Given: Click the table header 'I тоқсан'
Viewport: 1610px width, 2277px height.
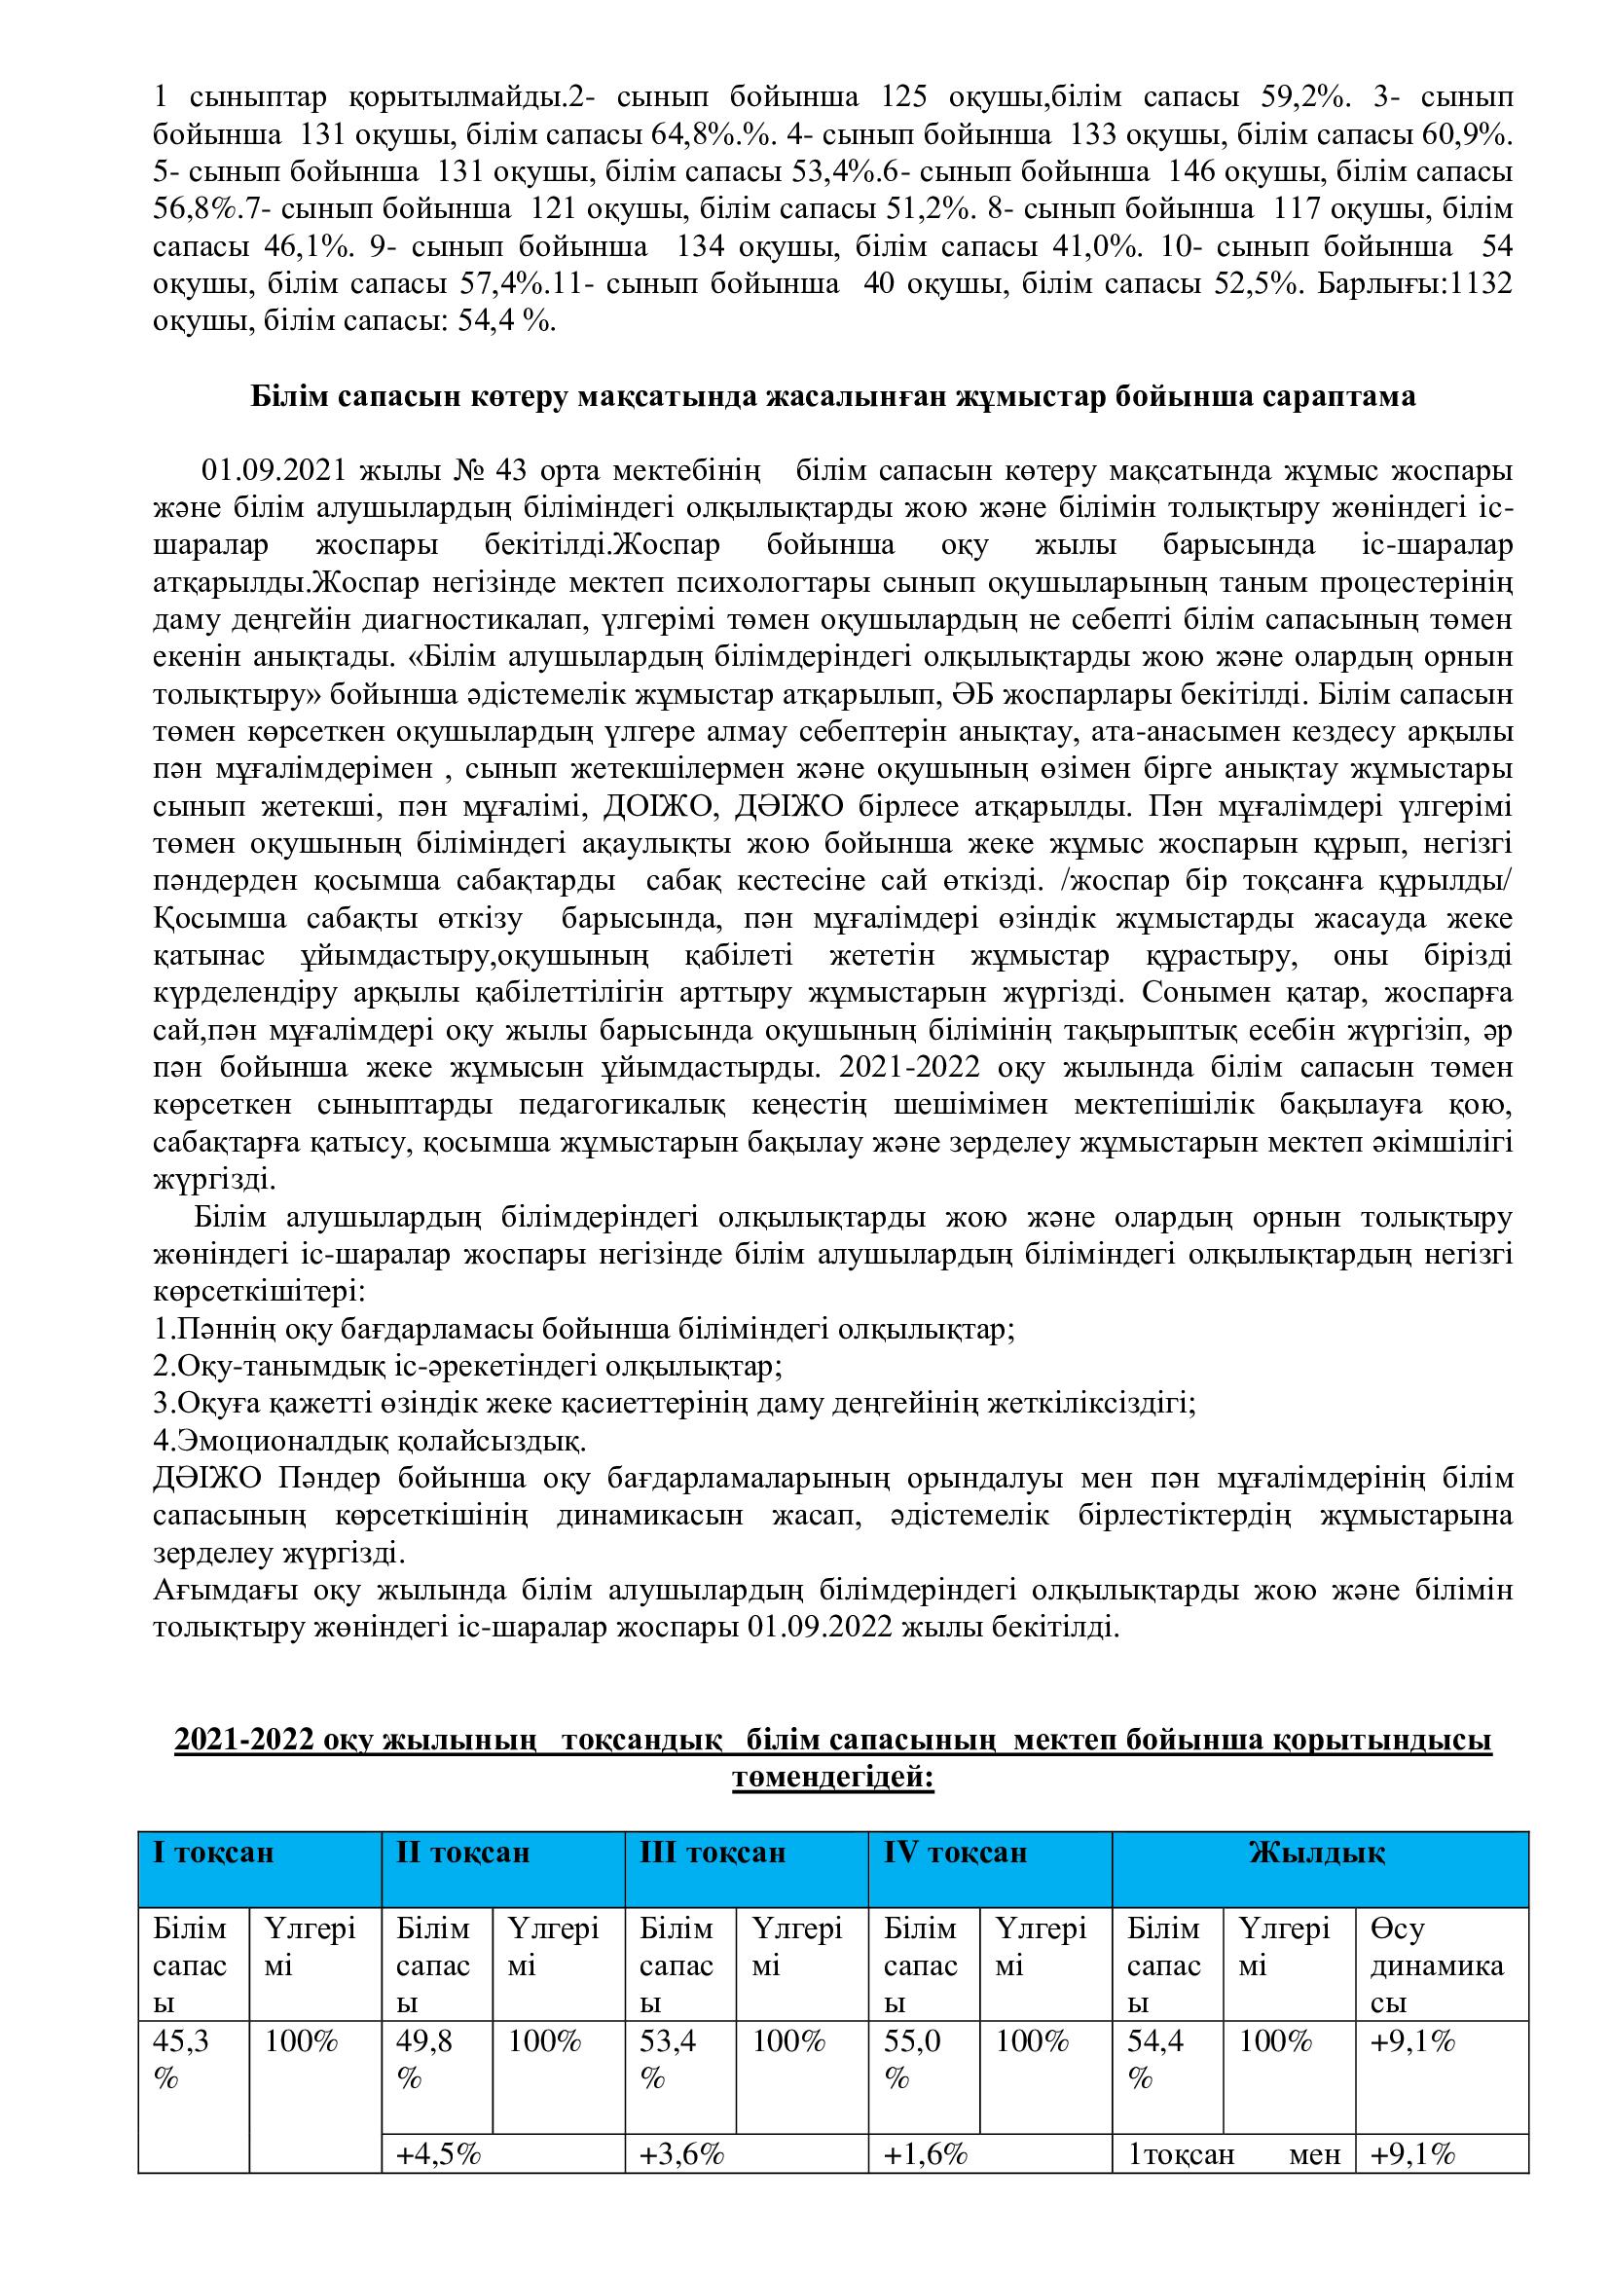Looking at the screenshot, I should click(x=213, y=1853).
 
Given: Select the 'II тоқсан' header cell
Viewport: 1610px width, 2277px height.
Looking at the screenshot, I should click(x=463, y=1853).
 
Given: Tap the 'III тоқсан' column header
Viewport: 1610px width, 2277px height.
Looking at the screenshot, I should click(x=713, y=1853).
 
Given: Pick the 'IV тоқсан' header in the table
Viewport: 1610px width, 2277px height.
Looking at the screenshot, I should click(x=956, y=1853).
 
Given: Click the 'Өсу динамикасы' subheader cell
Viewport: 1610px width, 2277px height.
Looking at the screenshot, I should click(x=1437, y=1965).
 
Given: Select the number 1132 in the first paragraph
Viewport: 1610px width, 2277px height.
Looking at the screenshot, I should click(x=1477, y=284).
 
